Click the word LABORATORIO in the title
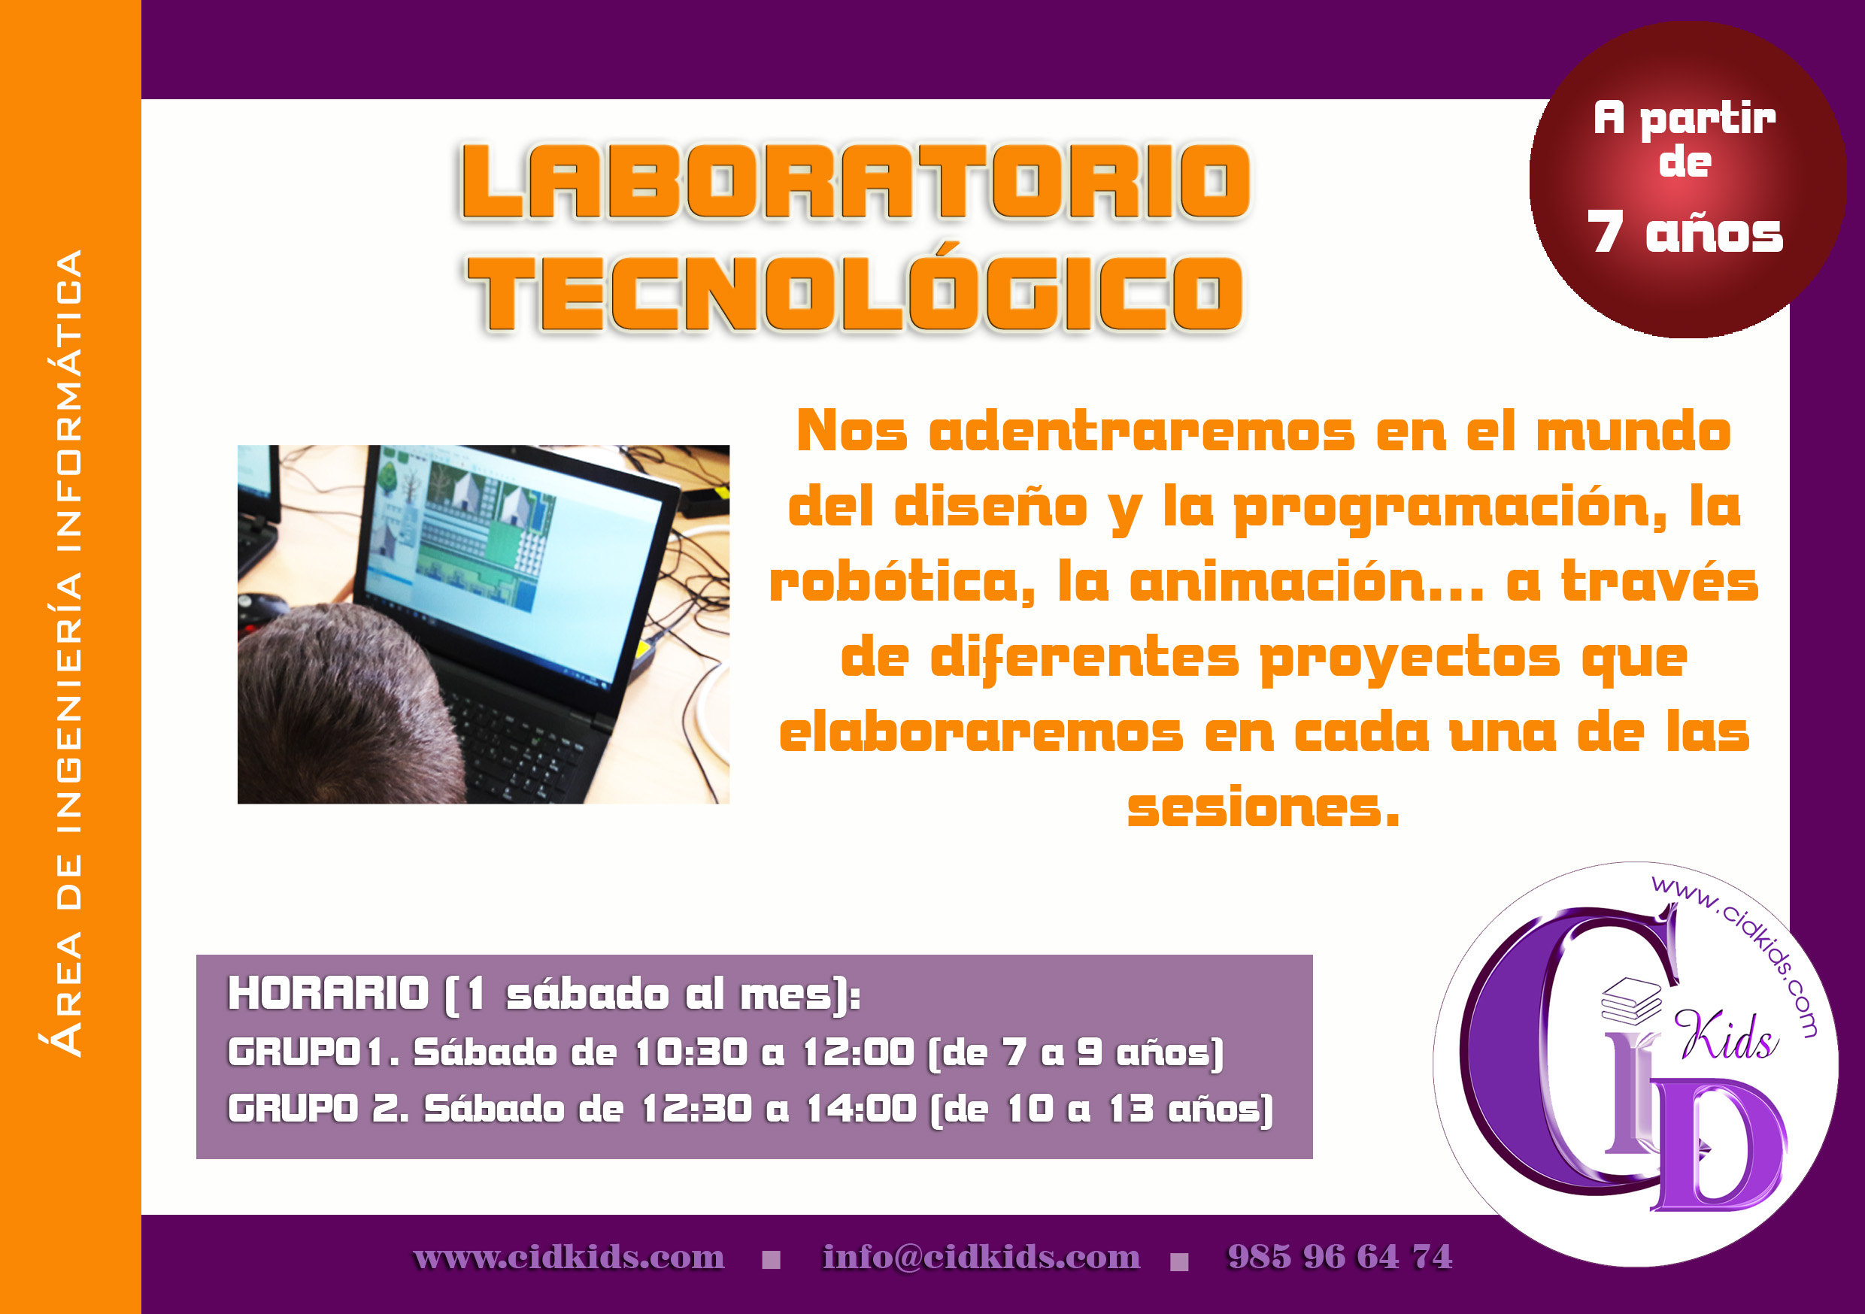pyautogui.click(x=855, y=181)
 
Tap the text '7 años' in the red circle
pyautogui.click(x=1685, y=232)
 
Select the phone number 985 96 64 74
pyautogui.click(x=1339, y=1256)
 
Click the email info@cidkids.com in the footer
pyautogui.click(x=981, y=1256)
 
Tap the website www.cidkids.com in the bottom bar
pyautogui.click(x=569, y=1257)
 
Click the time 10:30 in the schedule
pyautogui.click(x=690, y=1052)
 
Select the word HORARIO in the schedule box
pyautogui.click(x=328, y=993)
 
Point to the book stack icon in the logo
pyautogui.click(x=1631, y=1001)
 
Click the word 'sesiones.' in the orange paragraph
pyautogui.click(x=1263, y=808)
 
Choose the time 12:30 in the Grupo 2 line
pyautogui.click(x=696, y=1109)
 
